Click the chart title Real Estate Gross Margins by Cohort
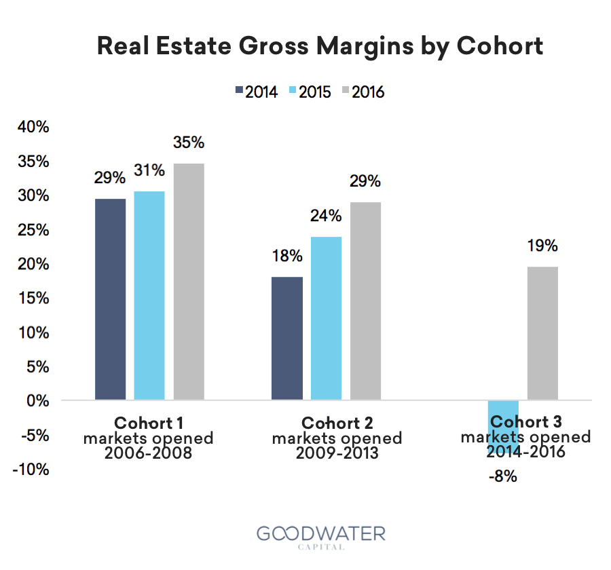320,46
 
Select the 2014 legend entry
257,92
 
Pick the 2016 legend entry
362,92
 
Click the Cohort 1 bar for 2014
111,299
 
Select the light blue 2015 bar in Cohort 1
149,295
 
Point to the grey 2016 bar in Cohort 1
189,282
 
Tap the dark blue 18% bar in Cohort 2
287,338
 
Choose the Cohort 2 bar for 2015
326,318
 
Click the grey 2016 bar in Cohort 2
365,301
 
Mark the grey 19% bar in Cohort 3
542,333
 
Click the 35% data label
189,143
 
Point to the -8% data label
503,476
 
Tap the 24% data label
326,216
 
